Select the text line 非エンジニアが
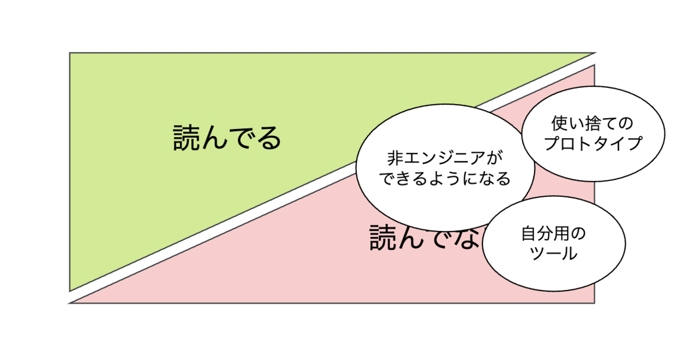(444, 158)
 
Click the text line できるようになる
(444, 179)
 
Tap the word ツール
(554, 254)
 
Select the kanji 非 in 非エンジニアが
(394, 158)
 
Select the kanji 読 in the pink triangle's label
(383, 238)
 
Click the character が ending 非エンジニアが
(493, 158)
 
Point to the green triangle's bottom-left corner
(70, 291)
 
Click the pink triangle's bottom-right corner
(595, 303)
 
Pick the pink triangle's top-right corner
(595, 65)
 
